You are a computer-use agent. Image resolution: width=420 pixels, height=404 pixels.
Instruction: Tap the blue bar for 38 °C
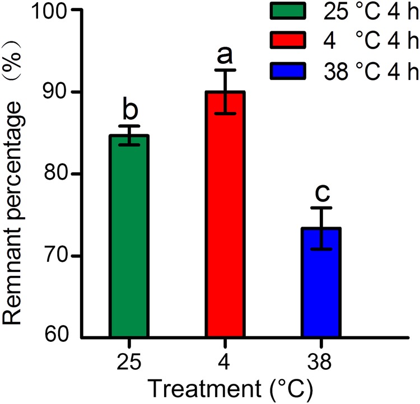pos(321,283)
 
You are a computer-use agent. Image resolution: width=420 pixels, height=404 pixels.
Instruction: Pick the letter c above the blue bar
pos(321,192)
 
